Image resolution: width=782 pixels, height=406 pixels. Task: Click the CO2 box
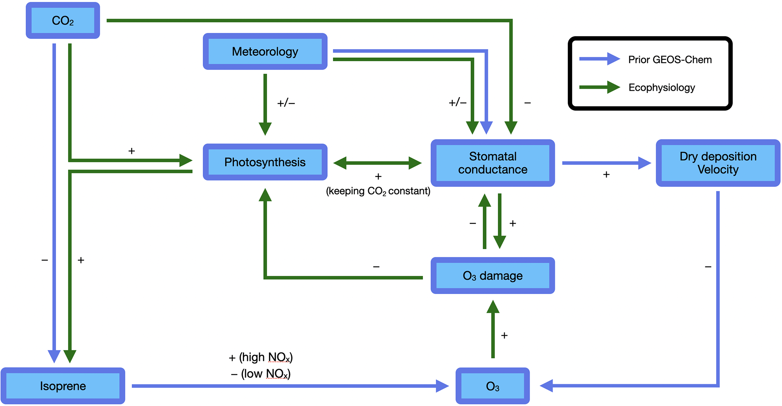[63, 20]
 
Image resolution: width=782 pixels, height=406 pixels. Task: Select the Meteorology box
[265, 51]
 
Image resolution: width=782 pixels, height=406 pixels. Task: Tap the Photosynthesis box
[265, 162]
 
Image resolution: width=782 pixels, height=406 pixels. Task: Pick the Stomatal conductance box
[493, 163]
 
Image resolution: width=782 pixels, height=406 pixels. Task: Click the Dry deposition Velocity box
[718, 163]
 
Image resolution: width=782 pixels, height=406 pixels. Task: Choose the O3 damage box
[493, 276]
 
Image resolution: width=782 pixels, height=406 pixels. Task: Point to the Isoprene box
[63, 386]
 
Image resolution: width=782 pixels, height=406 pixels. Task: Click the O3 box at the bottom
[493, 386]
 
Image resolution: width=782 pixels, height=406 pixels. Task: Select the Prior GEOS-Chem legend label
[670, 60]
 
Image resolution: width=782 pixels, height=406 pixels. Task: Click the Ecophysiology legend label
[662, 88]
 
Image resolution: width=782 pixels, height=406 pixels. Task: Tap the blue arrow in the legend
[599, 59]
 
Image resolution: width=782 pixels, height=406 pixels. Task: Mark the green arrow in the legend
[599, 87]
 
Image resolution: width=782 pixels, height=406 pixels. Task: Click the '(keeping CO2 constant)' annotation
[378, 191]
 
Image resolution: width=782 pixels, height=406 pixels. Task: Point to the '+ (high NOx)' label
[261, 357]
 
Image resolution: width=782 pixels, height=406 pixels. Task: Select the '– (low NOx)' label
[261, 374]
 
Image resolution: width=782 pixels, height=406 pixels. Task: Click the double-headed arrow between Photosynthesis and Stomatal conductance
[378, 163]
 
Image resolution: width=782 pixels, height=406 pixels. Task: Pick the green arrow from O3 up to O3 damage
[493, 329]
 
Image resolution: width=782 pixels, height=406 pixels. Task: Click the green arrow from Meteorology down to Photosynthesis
[265, 104]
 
